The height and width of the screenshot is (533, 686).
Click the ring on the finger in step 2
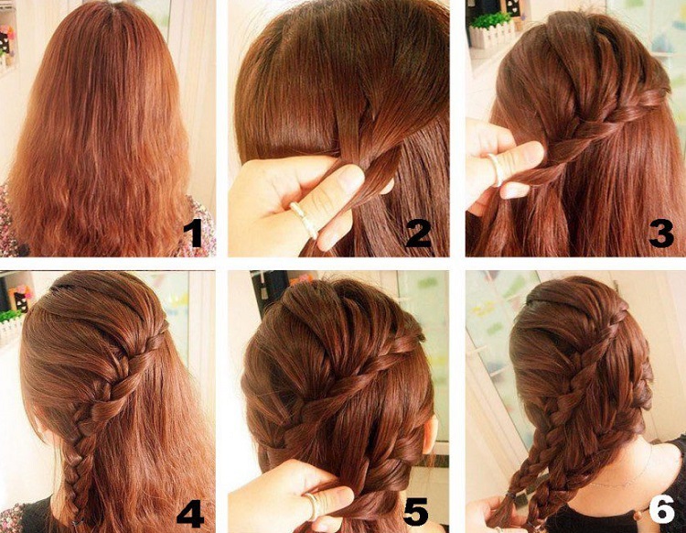(x=304, y=219)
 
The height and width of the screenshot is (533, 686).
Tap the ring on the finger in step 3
(x=495, y=169)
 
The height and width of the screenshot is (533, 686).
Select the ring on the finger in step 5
(x=313, y=506)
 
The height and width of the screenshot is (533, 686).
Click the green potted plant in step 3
(x=491, y=21)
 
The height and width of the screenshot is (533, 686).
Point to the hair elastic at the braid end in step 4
(x=78, y=523)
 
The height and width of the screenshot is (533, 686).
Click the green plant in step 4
(x=10, y=315)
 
